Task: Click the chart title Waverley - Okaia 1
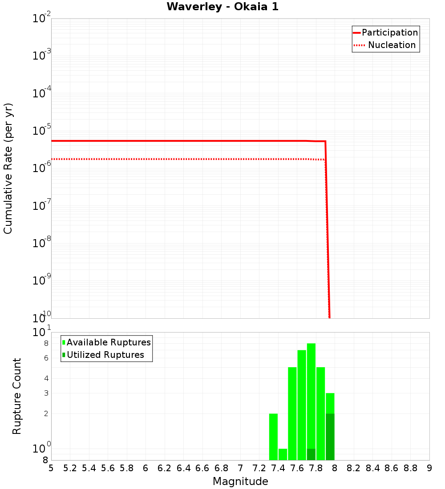coord(222,7)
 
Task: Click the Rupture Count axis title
coord(17,396)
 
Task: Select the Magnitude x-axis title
coord(240,481)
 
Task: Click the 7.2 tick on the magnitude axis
coord(259,468)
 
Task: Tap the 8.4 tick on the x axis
coord(372,468)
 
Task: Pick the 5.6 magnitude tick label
coord(108,468)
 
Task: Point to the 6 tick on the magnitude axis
coord(146,468)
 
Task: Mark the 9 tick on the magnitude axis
coord(429,468)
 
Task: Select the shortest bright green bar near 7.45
coord(283,454)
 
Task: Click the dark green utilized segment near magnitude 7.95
coord(330,437)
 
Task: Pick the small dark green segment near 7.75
coord(311,454)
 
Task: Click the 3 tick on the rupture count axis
coord(46,393)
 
